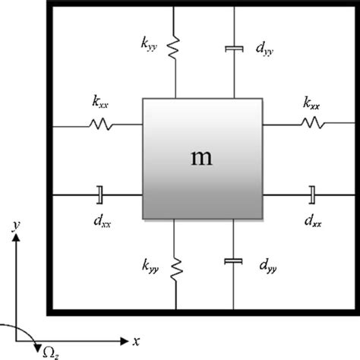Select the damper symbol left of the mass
pyautogui.click(x=99, y=195)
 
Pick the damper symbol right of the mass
pyautogui.click(x=311, y=195)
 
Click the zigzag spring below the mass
pyautogui.click(x=175, y=267)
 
